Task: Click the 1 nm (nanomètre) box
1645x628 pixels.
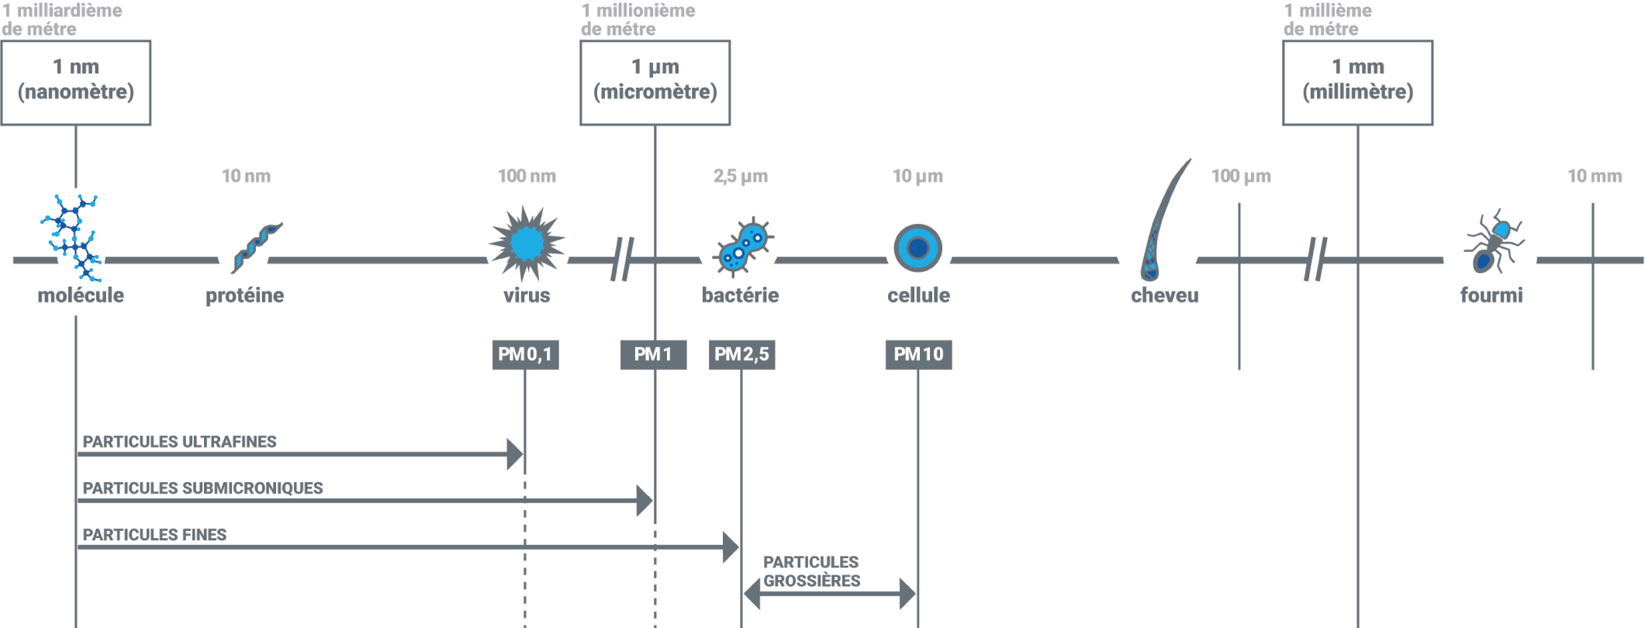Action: pos(76,83)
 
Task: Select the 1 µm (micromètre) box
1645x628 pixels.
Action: pos(655,83)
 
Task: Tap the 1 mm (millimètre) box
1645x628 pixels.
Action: pos(1357,83)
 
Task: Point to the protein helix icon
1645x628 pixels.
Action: pos(256,247)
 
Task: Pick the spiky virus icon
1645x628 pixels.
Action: pos(527,243)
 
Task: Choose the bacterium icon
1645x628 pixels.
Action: pos(743,247)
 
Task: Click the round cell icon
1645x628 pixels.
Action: pos(918,248)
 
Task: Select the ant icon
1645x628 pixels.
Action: pos(1493,242)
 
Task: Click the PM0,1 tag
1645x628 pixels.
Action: pos(525,354)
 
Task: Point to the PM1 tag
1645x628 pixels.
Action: pos(653,354)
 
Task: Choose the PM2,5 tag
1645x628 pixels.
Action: pos(741,354)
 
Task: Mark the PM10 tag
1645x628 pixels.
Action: pos(918,354)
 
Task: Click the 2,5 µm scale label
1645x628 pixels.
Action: pos(741,176)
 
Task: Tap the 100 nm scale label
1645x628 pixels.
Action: pos(527,176)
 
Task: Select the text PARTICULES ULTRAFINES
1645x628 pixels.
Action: pos(179,442)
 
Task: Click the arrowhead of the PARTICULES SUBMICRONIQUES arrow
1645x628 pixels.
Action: pos(644,501)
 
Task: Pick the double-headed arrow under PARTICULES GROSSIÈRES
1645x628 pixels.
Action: pos(830,595)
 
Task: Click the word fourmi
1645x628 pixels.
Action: pos(1491,295)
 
